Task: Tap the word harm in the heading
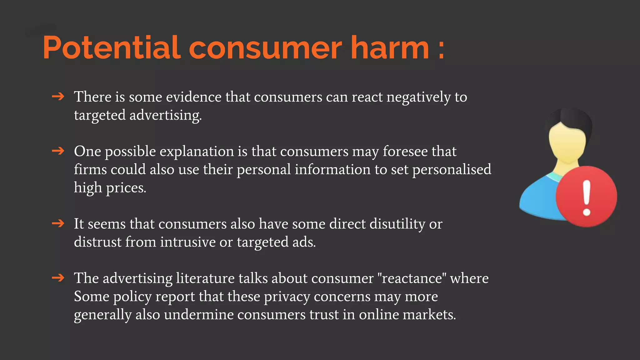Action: click(x=390, y=47)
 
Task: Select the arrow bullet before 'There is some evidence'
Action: click(x=58, y=97)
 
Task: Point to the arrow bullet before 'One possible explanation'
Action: click(x=58, y=151)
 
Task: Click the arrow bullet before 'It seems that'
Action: click(x=58, y=223)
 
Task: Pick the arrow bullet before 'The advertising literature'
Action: click(x=58, y=278)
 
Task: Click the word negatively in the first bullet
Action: click(x=418, y=97)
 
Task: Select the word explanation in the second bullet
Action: click(x=197, y=152)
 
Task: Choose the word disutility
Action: click(x=397, y=224)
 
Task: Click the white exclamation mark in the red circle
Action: click(x=587, y=198)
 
